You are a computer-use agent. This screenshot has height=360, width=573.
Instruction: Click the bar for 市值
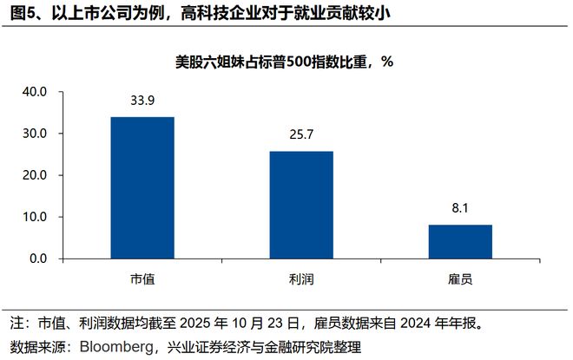pos(142,187)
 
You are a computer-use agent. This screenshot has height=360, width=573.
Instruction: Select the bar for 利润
pos(300,205)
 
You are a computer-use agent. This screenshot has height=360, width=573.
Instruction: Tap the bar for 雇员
pos(459,241)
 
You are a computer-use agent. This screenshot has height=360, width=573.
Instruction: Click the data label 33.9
pos(142,101)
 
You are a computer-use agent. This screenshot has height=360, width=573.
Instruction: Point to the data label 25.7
pos(300,135)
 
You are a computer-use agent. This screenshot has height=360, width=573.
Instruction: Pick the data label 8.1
pos(459,209)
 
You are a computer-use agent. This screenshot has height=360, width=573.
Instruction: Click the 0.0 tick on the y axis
pos(36,259)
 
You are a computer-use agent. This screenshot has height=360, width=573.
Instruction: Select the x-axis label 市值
pos(142,279)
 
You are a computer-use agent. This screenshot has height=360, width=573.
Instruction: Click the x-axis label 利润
pos(300,279)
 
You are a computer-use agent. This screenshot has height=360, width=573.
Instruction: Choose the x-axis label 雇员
pos(459,279)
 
